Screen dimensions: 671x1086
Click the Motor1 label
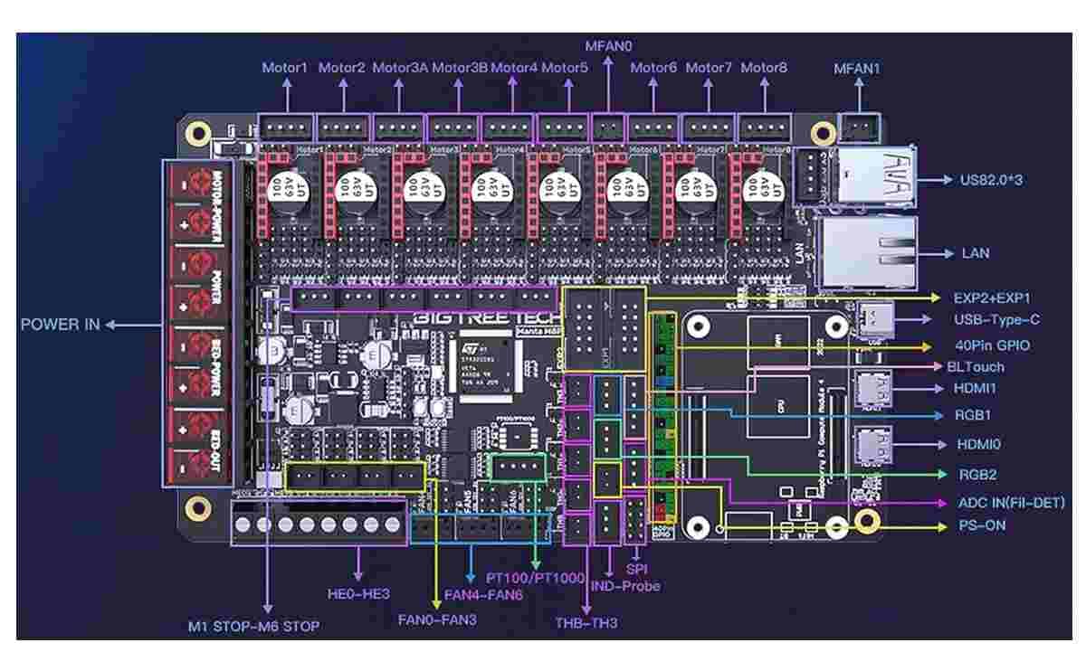[x=285, y=68]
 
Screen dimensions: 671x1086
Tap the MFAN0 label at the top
[x=607, y=43]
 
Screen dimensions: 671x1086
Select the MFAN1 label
[x=856, y=68]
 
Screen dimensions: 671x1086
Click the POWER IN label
[x=61, y=325]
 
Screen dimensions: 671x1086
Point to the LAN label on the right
[x=975, y=253]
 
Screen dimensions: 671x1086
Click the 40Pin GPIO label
[x=991, y=345]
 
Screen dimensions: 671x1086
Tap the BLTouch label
[x=975, y=367]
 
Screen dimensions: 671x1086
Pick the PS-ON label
[x=982, y=525]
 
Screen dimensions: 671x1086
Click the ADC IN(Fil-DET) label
[x=1012, y=503]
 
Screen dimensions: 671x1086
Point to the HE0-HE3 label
[x=359, y=594]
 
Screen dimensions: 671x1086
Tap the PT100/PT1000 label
[x=536, y=577]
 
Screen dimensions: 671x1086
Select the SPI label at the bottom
[x=638, y=570]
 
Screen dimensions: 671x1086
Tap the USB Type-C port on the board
[x=873, y=319]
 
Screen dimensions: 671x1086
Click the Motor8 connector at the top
[x=763, y=126]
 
